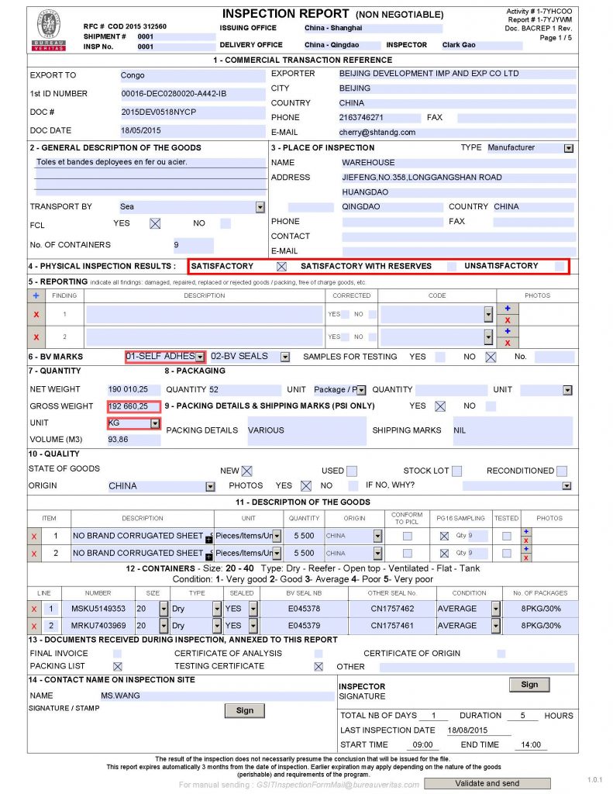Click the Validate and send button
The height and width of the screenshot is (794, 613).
487,783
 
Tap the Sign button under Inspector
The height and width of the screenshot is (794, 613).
529,685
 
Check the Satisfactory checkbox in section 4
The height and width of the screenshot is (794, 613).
282,266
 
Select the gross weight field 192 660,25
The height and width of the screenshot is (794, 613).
134,406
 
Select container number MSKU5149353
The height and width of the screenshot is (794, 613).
98,609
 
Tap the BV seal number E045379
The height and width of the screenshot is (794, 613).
304,626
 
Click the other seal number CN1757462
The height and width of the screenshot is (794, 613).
392,609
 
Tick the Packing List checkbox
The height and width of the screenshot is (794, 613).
118,666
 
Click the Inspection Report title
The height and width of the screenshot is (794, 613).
285,14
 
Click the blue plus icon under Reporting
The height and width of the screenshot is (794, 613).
36,295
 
